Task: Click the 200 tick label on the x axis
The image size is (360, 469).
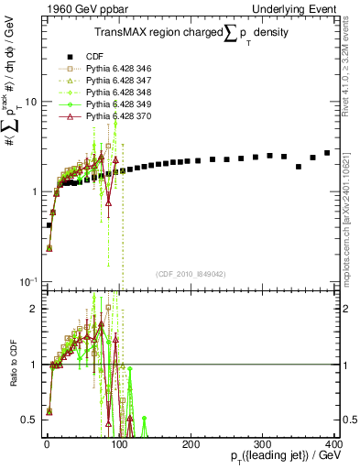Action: pos(191,442)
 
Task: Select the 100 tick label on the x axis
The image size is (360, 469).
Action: pos(118,442)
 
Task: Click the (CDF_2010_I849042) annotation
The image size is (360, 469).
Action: pos(191,273)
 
